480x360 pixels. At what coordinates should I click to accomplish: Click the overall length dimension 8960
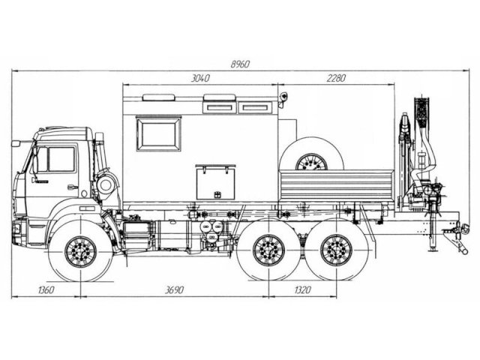tap(240, 64)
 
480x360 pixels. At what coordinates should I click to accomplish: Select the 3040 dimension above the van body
tap(200, 78)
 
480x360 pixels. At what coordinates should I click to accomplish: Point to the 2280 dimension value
tap(336, 78)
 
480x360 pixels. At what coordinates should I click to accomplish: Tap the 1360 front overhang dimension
tap(46, 289)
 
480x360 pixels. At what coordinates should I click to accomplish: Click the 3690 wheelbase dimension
tap(174, 289)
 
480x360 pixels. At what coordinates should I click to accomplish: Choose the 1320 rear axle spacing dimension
tap(302, 289)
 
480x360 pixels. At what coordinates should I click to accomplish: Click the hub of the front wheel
tap(80, 252)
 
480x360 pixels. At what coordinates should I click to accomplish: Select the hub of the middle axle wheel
tap(268, 250)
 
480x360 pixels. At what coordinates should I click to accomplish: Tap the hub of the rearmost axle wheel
tap(336, 250)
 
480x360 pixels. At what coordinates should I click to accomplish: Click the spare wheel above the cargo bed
tap(311, 154)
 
